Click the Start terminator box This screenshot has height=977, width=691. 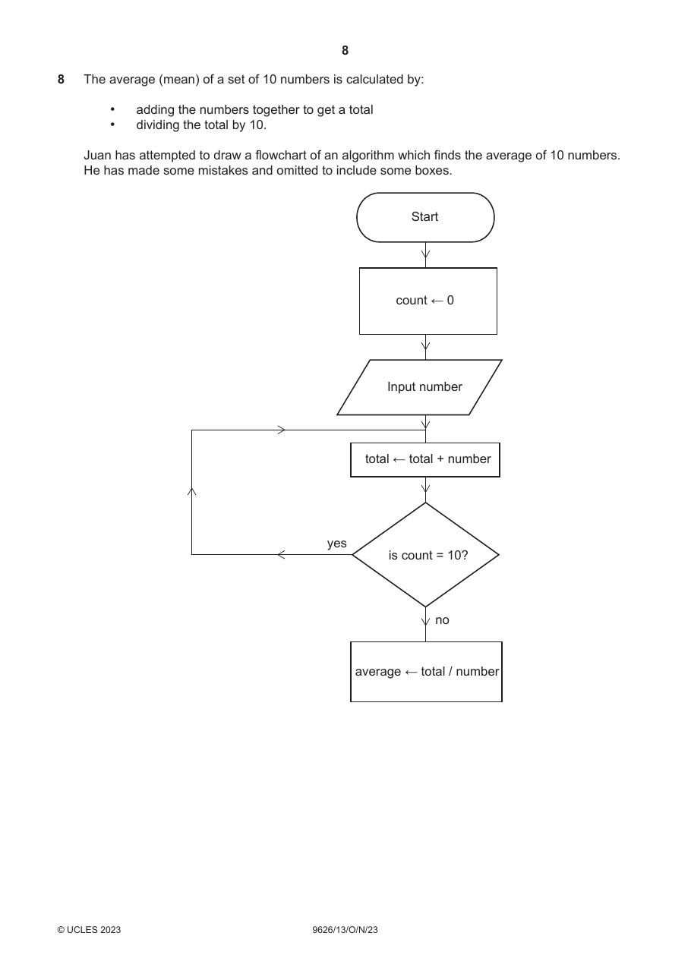[425, 217]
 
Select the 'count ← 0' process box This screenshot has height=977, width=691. [428, 301]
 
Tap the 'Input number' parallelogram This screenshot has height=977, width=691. [420, 387]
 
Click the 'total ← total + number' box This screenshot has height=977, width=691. [425, 460]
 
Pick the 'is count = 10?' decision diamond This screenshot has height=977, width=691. [425, 555]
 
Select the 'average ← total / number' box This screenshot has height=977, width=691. [426, 672]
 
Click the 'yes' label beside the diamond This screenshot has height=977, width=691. [337, 544]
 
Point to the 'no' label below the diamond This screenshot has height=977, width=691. [442, 620]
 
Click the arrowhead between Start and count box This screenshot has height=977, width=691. [425, 254]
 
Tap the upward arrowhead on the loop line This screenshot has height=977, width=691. [191, 492]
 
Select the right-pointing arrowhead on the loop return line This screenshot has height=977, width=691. [282, 430]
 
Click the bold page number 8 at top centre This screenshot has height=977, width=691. [345, 51]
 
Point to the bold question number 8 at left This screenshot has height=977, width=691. [61, 80]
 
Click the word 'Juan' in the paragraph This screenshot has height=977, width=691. [97, 156]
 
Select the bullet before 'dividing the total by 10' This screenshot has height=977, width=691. [112, 124]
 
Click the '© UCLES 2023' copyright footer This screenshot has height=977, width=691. [89, 929]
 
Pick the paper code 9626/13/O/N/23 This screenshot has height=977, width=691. [345, 929]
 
